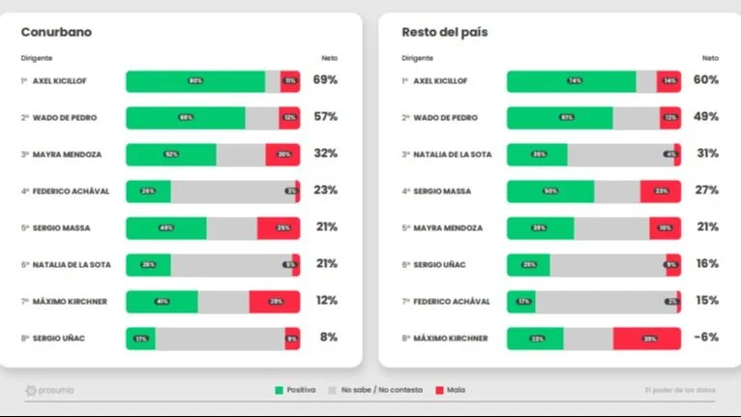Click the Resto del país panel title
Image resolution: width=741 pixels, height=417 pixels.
444,32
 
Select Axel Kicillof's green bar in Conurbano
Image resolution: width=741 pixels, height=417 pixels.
195,81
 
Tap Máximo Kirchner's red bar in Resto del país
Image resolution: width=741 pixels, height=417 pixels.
646,338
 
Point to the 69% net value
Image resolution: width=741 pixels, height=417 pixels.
325,80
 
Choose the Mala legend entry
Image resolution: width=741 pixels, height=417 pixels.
450,390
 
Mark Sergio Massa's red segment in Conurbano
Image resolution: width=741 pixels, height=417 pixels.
278,228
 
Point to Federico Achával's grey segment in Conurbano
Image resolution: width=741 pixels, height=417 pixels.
232,192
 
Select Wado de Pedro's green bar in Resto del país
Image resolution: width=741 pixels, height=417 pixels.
559,118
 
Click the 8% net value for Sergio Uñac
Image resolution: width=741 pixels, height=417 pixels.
328,338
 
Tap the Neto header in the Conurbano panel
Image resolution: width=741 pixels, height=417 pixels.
329,58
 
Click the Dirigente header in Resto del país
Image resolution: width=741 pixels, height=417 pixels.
417,58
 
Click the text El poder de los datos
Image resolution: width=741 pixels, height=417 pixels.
680,390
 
